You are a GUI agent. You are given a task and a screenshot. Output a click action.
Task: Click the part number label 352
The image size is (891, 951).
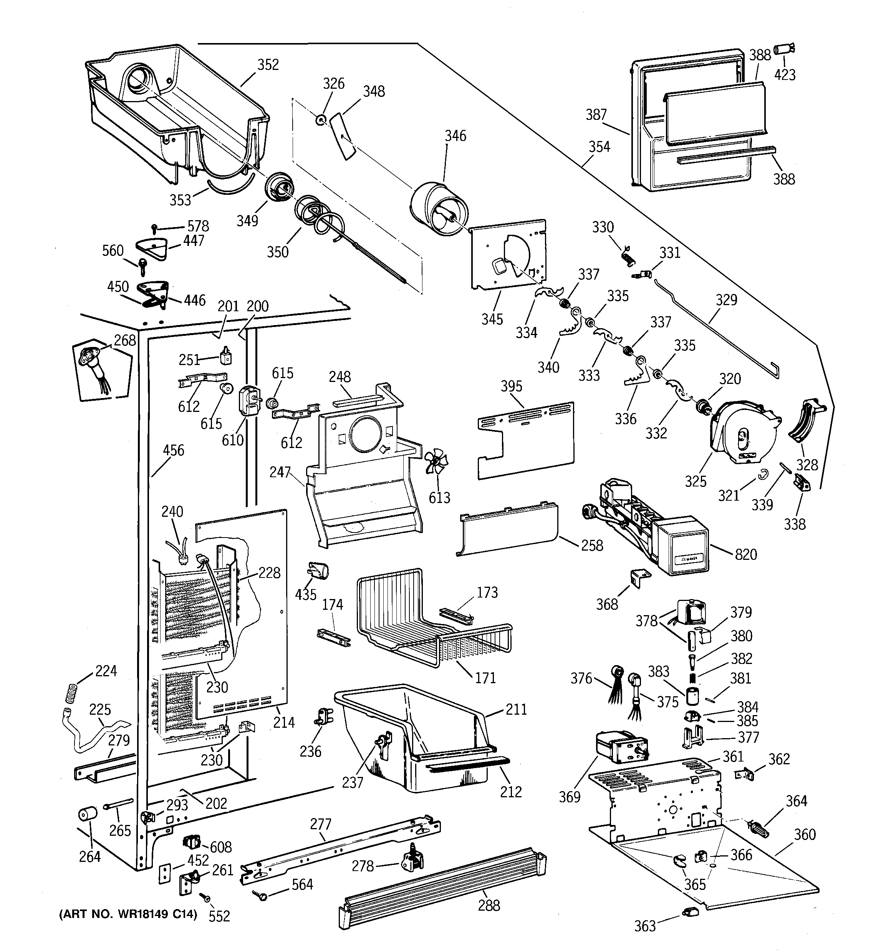coord(268,65)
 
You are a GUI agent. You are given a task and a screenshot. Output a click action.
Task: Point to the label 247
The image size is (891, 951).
coord(280,472)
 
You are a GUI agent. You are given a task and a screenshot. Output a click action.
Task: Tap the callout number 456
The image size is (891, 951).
coord(173,450)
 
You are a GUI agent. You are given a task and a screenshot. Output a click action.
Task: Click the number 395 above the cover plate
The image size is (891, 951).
coord(511,386)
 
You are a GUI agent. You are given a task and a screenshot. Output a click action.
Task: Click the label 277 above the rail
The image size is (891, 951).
coord(320,824)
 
